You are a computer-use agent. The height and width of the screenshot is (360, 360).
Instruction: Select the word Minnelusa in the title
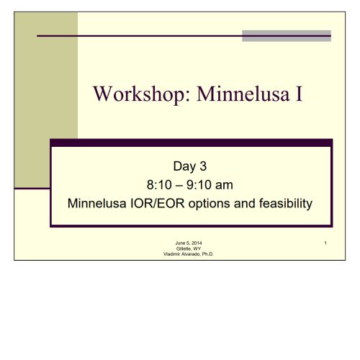point(243,94)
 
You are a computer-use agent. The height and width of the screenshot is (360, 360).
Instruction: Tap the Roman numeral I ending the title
point(299,94)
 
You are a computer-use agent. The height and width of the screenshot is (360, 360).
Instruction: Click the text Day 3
point(190,166)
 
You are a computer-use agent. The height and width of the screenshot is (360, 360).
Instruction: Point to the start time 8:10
point(159,185)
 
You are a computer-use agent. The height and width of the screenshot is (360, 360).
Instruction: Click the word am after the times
point(224,185)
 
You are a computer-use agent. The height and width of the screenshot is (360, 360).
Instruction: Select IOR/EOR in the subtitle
point(157,203)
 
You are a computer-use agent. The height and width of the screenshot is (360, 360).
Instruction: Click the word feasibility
point(286,204)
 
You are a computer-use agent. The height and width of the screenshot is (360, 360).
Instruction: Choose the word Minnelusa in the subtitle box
point(97,203)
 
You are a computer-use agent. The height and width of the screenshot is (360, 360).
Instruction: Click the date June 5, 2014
point(189,243)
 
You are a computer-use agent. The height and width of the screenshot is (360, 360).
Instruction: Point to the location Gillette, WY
point(189,248)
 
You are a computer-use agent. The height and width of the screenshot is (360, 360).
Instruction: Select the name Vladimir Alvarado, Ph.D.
point(189,254)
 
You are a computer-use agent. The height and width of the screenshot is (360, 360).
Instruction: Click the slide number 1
point(325,243)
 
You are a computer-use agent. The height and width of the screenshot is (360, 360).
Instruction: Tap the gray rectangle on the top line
point(287,36)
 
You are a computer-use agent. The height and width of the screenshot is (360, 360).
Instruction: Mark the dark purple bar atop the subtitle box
point(192,143)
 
